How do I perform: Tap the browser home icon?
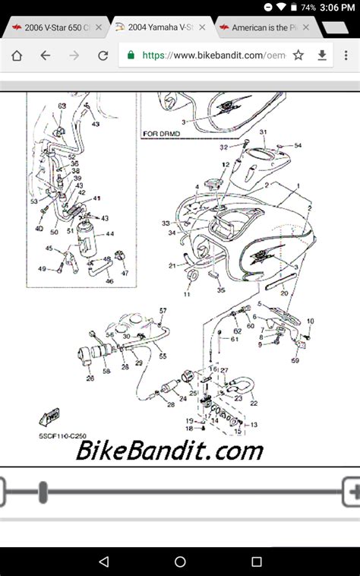[x=17, y=55]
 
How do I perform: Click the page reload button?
[x=103, y=55]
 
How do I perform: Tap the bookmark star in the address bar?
[x=298, y=55]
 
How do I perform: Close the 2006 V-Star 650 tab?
[x=98, y=27]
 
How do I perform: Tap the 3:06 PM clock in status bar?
[x=336, y=7]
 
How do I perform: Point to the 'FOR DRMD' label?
[x=162, y=134]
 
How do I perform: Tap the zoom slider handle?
[x=43, y=492]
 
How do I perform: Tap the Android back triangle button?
[x=104, y=562]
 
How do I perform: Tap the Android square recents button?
[x=257, y=562]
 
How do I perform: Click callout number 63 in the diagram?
[x=62, y=106]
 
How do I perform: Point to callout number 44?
[x=109, y=235]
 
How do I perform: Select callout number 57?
[x=162, y=311]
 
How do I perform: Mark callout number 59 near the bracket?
[x=295, y=360]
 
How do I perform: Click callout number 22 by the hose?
[x=253, y=403]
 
